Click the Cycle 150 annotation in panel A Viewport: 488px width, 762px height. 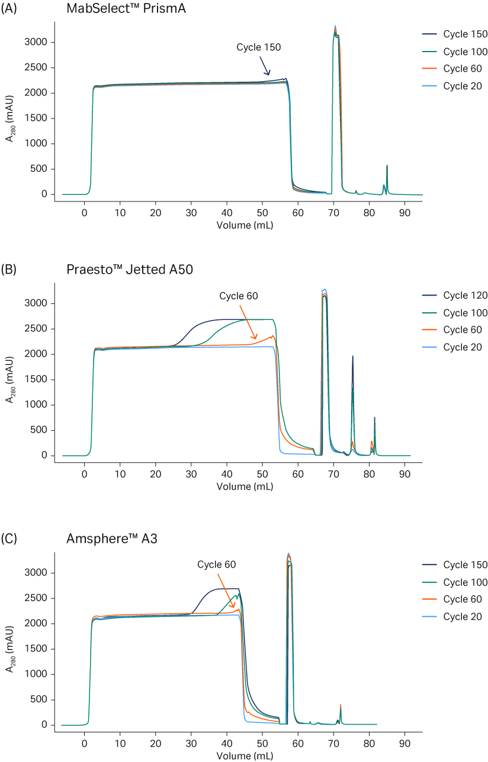click(259, 47)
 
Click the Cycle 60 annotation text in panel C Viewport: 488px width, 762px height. click(217, 565)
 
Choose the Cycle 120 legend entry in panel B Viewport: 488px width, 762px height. click(465, 296)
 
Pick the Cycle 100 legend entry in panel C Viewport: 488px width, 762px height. click(465, 582)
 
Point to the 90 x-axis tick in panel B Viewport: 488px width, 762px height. click(404, 473)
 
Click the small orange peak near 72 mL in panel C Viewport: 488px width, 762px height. click(341, 707)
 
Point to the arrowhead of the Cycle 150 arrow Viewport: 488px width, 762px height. click(269, 75)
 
